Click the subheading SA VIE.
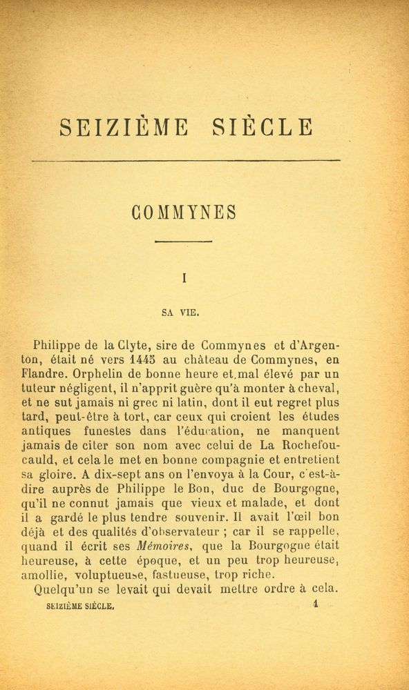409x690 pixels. point(180,311)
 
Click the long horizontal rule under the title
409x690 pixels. point(186,161)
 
